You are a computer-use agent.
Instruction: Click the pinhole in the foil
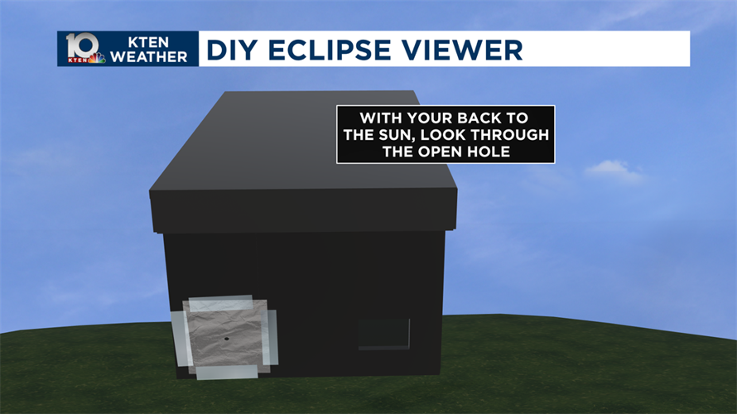(x=225, y=339)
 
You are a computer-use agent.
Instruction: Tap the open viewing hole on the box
(x=383, y=333)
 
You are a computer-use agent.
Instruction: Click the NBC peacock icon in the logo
(x=98, y=59)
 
